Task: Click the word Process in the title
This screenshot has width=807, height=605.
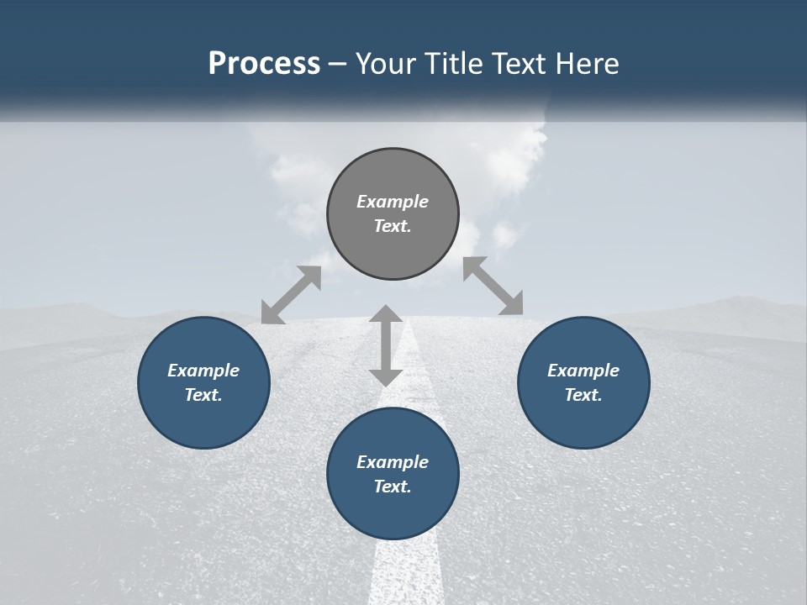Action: (x=264, y=64)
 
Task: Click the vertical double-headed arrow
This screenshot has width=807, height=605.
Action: (x=386, y=345)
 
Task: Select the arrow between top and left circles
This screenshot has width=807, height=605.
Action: (x=291, y=295)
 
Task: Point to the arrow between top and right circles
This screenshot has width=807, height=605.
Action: (x=493, y=286)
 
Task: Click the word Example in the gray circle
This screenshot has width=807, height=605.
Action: (x=393, y=202)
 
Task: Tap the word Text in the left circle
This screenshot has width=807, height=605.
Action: (x=203, y=395)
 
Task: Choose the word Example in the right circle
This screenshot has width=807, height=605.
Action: (x=583, y=371)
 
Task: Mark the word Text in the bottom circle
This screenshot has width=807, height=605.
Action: (x=393, y=487)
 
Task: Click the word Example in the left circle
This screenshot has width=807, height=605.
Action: (x=203, y=371)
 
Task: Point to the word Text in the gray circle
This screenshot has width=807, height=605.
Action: (x=393, y=226)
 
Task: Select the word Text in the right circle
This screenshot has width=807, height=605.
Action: (x=583, y=395)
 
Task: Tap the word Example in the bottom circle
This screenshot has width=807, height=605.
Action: (x=393, y=462)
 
